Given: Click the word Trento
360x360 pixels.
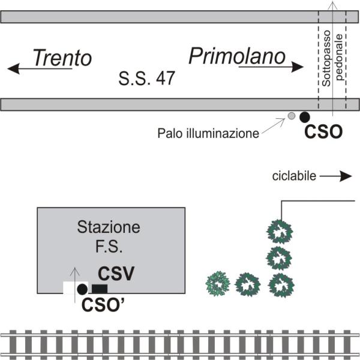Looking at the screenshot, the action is pos(62,58).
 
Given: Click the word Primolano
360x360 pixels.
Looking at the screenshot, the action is pos(237,56).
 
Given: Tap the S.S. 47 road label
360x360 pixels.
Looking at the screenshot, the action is pos(147,78).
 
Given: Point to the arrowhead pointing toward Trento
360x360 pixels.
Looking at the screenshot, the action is pos(13,68).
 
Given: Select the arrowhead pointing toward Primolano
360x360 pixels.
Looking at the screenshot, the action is pos(298,67).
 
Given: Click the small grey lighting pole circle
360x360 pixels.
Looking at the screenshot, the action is pos(292,116).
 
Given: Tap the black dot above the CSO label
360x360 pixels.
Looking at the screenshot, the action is pos(305,117).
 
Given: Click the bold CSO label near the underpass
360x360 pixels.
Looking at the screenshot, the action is pos(323,132).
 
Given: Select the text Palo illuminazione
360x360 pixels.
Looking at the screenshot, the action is pos(208,133).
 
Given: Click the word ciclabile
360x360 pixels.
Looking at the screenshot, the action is pos(294,176).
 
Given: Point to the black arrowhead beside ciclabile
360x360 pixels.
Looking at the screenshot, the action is pos(346,176).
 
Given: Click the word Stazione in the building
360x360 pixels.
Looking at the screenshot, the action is pos(109,227).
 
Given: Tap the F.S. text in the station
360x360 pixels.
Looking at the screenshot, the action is pos(109,247).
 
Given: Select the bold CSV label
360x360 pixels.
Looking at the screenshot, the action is pos(116,274).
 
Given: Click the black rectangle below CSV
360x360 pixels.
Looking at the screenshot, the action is pos(100,289).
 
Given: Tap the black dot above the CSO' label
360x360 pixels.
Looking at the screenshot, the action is pos(82,289).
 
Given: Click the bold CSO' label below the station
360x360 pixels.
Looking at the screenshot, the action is pos(103,305).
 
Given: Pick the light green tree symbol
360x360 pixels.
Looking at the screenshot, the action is pos(218,284).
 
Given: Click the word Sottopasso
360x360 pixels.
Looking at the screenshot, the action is pos(326,58).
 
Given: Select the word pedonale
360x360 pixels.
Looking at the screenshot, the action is pos(339,58).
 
